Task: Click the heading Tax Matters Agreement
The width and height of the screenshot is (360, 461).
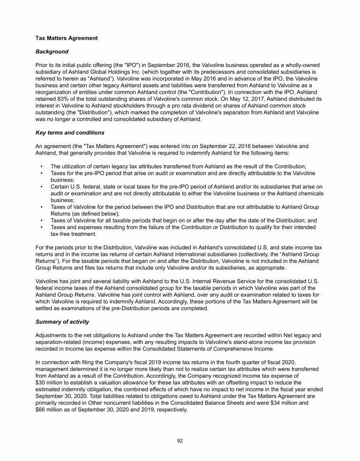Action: tap(67, 38)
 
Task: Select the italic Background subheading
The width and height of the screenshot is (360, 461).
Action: tap(52, 51)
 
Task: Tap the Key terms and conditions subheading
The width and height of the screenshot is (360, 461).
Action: tap(70, 133)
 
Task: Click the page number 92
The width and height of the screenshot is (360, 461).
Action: tap(180, 440)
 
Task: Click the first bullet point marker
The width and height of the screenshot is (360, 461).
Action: tap(42, 166)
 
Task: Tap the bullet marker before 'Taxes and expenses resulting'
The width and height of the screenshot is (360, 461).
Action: tap(42, 227)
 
